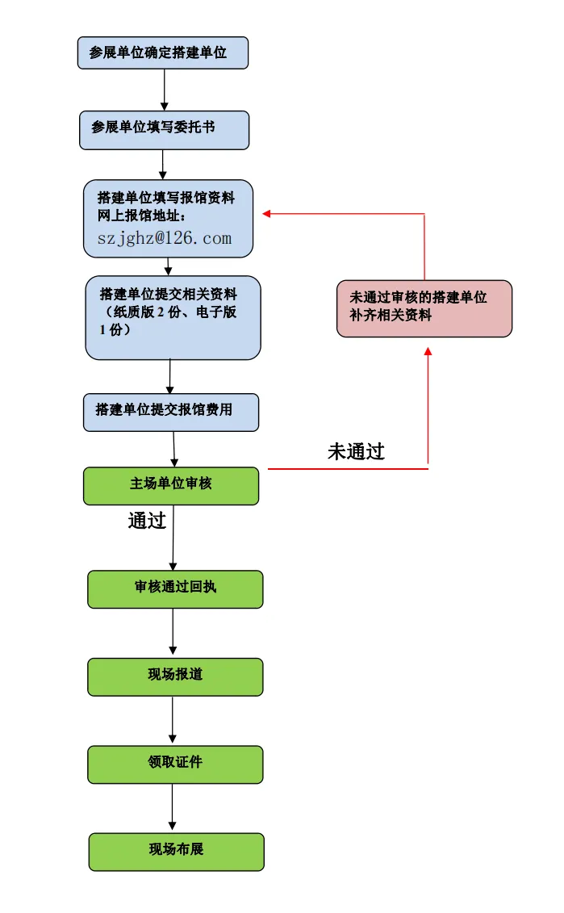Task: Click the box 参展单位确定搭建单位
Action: [163, 52]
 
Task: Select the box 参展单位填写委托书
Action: [164, 130]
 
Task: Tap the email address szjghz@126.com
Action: [165, 238]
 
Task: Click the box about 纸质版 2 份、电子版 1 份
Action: [173, 317]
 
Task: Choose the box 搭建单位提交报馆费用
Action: [170, 412]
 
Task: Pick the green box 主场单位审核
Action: [171, 486]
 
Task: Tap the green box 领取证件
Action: [175, 764]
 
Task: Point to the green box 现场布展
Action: [176, 852]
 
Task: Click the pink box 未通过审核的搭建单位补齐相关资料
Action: [424, 308]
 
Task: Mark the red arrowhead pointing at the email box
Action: [267, 213]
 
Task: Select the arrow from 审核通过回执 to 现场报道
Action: [173, 632]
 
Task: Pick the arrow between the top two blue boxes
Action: [165, 90]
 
